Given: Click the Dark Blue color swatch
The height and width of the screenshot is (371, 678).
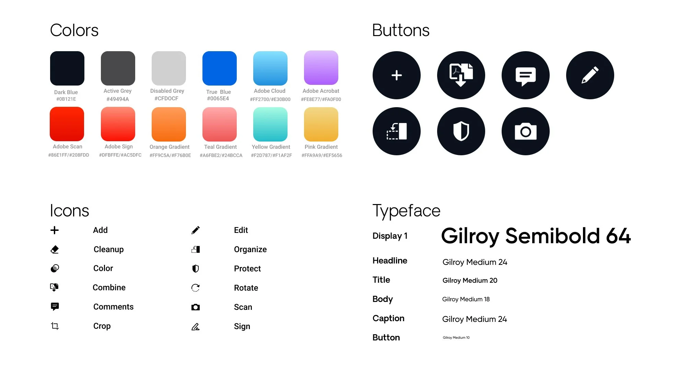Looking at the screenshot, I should [x=67, y=68].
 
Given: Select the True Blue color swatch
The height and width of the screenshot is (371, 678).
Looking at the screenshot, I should [x=220, y=68].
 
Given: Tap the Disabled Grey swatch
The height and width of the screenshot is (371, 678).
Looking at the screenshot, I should [x=169, y=68].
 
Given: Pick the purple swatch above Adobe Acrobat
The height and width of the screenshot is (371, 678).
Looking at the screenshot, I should [x=321, y=68].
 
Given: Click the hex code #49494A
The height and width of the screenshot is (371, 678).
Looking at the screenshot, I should [x=118, y=99].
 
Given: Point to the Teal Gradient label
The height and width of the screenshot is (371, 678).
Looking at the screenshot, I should [x=220, y=147].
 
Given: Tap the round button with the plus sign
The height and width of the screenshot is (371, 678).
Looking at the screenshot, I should [x=397, y=75].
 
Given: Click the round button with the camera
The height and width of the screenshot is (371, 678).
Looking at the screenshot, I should [x=526, y=131].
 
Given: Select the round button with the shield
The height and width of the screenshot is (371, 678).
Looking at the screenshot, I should [x=461, y=131].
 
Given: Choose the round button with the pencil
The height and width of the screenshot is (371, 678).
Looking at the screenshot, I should [x=590, y=75].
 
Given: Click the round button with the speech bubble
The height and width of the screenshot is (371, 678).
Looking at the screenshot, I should [x=526, y=75].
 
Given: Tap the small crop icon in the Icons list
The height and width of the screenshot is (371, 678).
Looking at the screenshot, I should [x=55, y=326].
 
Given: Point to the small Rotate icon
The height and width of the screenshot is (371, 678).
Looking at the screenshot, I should [x=196, y=288].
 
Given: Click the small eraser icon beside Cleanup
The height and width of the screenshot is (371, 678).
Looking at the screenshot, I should [x=55, y=249].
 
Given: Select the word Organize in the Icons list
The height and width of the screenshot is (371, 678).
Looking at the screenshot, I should [x=250, y=249].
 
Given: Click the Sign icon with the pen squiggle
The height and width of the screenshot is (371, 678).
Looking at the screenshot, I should [x=196, y=326].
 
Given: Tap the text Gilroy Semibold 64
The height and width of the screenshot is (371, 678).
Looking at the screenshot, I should [x=536, y=236].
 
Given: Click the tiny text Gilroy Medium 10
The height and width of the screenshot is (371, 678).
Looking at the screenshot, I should [x=456, y=338].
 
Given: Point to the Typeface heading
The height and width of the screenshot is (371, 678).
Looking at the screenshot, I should [x=406, y=211].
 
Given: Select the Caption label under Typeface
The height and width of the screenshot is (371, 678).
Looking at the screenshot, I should [x=388, y=318].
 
